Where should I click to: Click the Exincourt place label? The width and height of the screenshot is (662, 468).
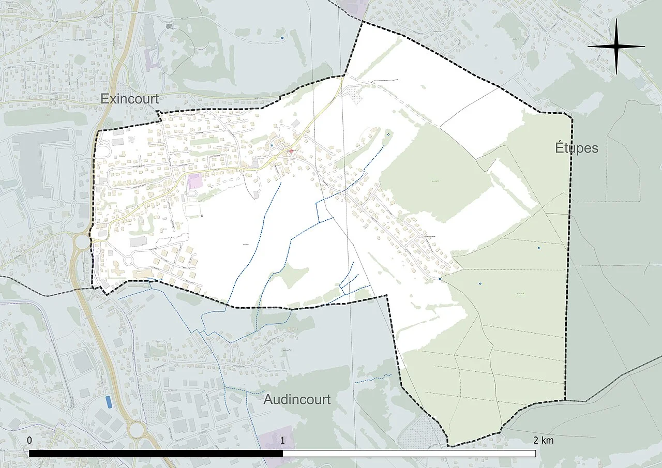click(x=130, y=98)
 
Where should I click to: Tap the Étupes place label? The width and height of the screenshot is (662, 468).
click(x=577, y=148)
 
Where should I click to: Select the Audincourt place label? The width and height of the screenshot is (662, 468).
click(x=297, y=399)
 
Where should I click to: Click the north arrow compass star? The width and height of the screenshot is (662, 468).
click(x=616, y=47)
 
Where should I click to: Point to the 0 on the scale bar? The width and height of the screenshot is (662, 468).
click(x=29, y=440)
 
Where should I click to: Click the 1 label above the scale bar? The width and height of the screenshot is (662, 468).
click(x=282, y=440)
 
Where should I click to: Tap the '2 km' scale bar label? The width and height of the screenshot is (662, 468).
click(x=543, y=440)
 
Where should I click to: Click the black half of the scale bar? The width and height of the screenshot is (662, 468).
click(x=155, y=454)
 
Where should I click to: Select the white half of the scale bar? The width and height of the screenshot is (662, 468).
click(x=409, y=454)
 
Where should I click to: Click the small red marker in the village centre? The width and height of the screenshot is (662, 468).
click(x=291, y=152)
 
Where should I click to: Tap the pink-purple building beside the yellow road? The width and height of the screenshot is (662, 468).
click(x=195, y=182)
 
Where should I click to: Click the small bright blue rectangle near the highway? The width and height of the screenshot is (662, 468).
click(x=109, y=401)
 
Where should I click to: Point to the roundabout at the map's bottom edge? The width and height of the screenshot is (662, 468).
click(x=138, y=429)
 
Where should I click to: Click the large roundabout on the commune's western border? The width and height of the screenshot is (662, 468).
click(x=81, y=241)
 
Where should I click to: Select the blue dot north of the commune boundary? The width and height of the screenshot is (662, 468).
click(x=282, y=38)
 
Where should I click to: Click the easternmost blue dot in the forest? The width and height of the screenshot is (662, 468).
click(x=538, y=248)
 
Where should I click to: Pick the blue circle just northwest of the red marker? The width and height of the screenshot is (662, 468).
click(x=272, y=146)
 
